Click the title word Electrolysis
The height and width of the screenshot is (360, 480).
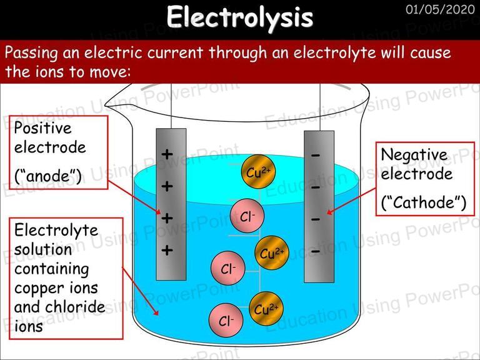coord(240,17)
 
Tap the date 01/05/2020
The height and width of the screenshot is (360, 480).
coord(440,9)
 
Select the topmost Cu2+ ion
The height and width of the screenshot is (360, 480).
coord(258,172)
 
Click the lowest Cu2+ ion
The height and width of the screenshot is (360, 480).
coord(266,309)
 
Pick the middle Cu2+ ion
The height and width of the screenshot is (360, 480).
coord(272,253)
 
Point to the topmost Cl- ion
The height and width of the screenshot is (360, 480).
coord(247,216)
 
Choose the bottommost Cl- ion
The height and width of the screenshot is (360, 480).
coord(226,320)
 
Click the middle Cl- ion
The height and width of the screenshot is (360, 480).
coord(228,268)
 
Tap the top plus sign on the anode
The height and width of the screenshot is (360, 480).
coord(167,154)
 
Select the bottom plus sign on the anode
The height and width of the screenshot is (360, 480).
coord(167,250)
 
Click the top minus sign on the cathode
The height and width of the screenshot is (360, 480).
coord(316,156)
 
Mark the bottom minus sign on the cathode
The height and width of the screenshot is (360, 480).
coord(316,252)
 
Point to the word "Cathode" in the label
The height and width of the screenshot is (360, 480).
coord(424,202)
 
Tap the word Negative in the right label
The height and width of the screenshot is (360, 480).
coord(414,155)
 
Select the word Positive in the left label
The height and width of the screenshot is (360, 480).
coord(43,127)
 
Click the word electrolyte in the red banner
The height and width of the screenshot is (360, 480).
coord(334,52)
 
